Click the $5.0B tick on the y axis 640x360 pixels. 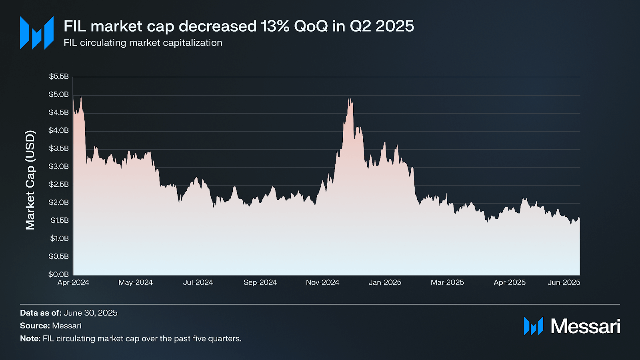coord(59,95)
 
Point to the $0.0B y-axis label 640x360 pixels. coord(59,274)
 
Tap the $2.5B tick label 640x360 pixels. coord(59,184)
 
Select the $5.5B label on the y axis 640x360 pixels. coord(59,76)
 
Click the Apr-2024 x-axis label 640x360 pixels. coord(73,282)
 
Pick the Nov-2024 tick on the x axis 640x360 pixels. coord(322,282)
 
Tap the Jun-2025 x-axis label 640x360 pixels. coord(564,282)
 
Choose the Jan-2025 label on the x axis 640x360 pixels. coord(385,282)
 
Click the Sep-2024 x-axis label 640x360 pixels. coord(260,282)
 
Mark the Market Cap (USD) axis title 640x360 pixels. coord(30,180)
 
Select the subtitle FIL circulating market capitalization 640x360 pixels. coord(143,43)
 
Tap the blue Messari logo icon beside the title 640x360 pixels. coord(37,33)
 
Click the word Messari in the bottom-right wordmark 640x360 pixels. coord(585,326)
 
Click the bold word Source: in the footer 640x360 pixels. coord(35,326)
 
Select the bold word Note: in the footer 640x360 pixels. coord(30,338)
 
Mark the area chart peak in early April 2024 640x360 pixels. coord(81,97)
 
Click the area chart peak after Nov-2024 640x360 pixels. coord(349,99)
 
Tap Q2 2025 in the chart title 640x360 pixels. coord(382,26)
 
